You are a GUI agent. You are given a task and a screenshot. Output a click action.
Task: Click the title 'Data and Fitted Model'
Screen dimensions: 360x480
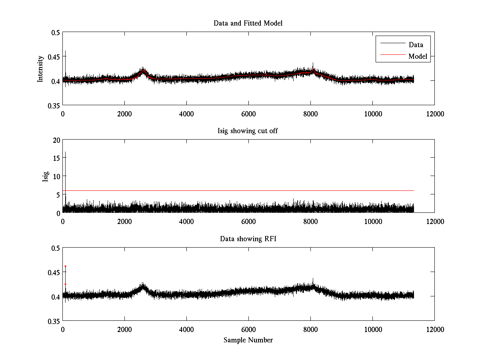248,23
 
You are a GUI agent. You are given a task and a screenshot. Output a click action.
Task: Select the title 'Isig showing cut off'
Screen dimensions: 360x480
248,131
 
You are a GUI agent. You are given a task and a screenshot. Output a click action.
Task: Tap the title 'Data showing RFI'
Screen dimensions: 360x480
248,239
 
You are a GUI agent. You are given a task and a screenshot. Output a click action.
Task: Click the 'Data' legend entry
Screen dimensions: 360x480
416,45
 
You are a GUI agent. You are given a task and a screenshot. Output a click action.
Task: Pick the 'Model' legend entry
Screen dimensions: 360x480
418,56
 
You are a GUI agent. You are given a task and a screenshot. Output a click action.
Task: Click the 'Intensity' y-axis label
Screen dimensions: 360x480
40,68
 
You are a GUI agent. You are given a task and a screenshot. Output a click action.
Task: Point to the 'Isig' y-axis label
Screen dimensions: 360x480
45,176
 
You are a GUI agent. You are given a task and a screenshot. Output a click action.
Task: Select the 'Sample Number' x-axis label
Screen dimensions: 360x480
248,340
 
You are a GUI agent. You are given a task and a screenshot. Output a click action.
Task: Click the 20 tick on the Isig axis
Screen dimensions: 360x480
56,140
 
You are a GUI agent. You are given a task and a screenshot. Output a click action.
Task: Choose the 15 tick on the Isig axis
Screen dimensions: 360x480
56,158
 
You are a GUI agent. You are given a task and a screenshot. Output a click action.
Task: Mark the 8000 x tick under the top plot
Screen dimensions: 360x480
310,114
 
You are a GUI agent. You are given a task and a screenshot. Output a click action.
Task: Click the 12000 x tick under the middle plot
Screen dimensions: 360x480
434,221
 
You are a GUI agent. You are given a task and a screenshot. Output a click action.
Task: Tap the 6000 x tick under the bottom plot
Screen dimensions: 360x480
248,329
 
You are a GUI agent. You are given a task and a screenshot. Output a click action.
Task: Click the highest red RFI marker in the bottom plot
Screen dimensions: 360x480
65,266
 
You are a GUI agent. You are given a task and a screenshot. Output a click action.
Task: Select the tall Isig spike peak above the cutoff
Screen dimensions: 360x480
65,152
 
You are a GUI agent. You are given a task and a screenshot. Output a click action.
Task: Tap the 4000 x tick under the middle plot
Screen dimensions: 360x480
186,221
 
